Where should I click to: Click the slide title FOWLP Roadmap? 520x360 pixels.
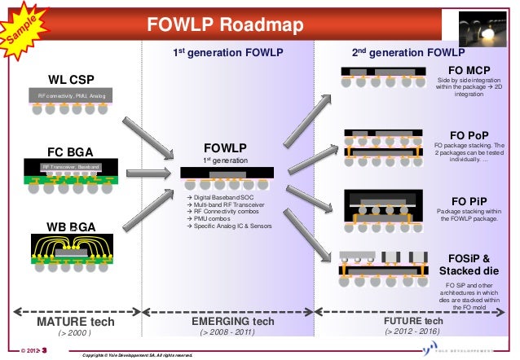(225, 24)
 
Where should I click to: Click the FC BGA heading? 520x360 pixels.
(71, 151)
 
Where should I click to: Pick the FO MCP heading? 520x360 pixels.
(469, 70)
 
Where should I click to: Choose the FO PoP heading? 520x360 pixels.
(469, 134)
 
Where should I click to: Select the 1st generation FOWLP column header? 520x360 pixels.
(223, 52)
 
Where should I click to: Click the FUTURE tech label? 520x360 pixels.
(413, 321)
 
